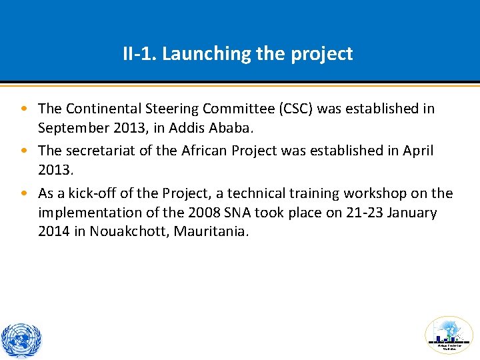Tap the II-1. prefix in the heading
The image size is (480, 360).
[140, 54]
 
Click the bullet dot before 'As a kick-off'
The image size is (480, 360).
[24, 194]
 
